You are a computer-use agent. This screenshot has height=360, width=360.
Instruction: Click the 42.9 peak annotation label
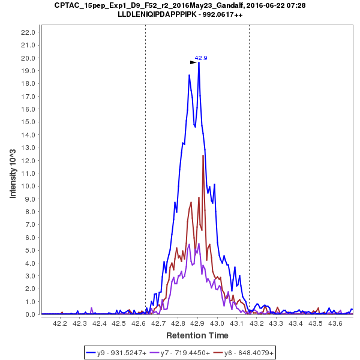(200, 58)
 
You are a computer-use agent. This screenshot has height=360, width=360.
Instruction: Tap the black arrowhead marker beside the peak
(193, 62)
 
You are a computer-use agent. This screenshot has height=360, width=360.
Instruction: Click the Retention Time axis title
(197, 335)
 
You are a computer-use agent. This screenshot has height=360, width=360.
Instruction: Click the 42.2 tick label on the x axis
(60, 323)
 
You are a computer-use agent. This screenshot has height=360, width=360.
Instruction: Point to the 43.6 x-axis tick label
(335, 323)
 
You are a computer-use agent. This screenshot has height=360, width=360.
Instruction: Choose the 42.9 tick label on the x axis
(197, 323)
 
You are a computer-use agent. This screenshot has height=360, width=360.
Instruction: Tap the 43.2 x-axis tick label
(256, 323)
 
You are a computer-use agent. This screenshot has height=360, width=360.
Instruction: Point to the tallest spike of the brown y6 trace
(203, 155)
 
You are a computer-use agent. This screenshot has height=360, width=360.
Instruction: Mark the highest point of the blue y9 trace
(199, 62)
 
